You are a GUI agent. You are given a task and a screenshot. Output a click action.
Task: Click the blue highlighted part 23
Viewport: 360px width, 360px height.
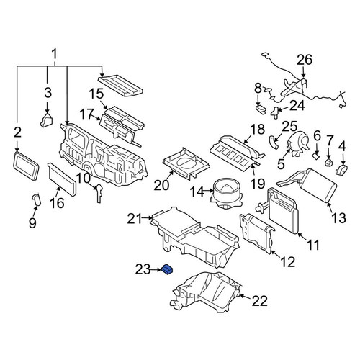(168, 269)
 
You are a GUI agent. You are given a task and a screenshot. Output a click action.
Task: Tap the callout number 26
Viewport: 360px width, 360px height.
(305, 60)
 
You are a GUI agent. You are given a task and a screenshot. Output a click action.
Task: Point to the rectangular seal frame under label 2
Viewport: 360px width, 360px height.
(26, 166)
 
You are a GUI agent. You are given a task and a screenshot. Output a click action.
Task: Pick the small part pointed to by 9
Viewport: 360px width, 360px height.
(37, 200)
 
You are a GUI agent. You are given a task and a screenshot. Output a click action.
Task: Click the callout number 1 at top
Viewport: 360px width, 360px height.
(55, 54)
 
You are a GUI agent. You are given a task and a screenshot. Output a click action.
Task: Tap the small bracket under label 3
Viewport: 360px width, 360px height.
(47, 120)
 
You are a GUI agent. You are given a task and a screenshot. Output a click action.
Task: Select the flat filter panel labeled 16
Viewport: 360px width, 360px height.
(62, 179)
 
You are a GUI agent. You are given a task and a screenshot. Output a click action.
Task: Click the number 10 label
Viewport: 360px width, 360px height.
(84, 179)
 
